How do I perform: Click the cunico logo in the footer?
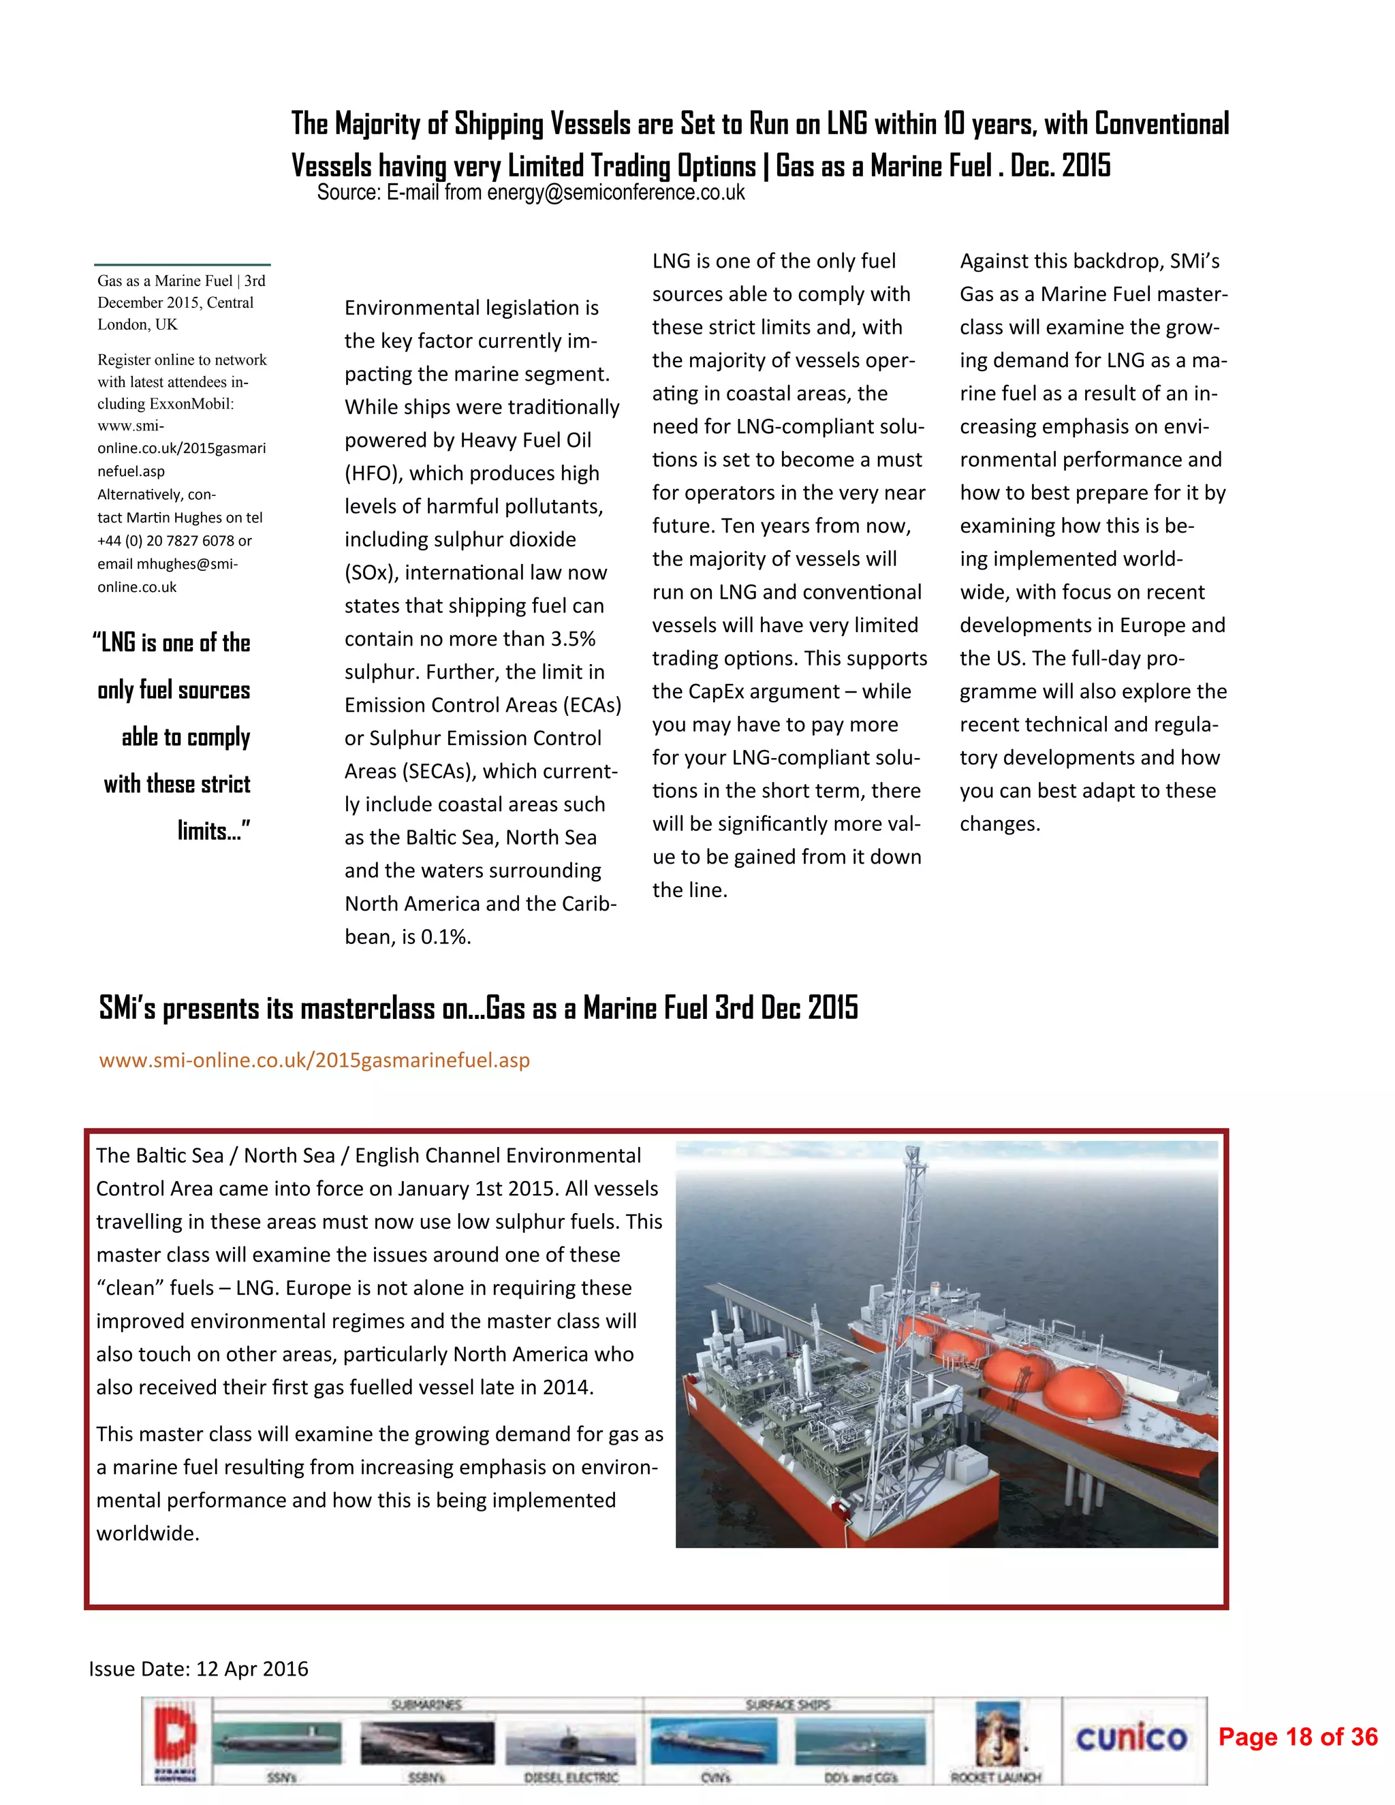point(1131,1738)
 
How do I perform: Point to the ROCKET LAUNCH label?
point(996,1776)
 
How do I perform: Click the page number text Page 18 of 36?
point(1298,1736)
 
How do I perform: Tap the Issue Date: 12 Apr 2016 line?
point(198,1669)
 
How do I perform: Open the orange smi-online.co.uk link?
point(314,1060)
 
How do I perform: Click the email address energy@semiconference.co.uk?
point(615,193)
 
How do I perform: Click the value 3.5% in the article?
point(571,639)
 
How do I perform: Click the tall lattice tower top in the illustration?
point(911,1151)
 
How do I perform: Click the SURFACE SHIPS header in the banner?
point(787,1704)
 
